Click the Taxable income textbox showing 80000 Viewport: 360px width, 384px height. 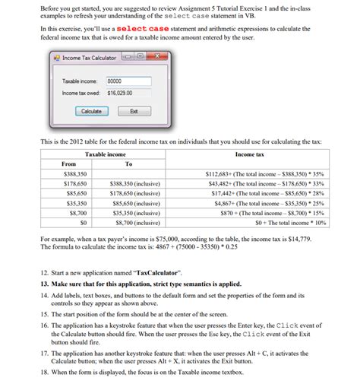click(125, 81)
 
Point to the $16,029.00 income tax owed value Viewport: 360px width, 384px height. click(119, 93)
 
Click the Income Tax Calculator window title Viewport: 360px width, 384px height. click(89, 58)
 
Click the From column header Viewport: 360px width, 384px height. click(68, 163)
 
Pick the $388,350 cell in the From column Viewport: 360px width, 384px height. click(74, 174)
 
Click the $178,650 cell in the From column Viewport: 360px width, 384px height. click(74, 184)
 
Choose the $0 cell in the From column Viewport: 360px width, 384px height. click(83, 224)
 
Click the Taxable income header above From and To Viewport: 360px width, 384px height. click(106, 154)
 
